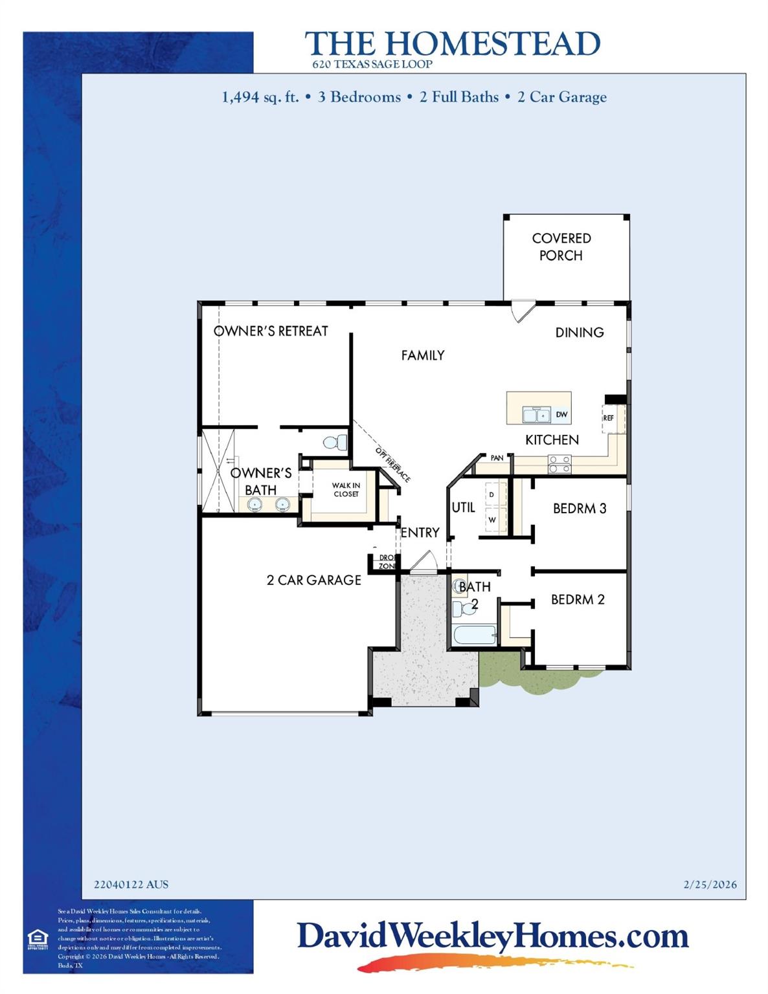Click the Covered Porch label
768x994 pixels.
561,247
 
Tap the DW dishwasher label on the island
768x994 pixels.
561,415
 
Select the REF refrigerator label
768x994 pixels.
608,418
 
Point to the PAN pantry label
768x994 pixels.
497,458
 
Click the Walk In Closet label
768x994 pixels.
346,490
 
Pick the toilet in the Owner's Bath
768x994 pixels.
334,443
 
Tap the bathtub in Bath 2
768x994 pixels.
474,635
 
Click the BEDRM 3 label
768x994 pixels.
579,509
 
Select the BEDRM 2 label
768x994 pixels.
578,600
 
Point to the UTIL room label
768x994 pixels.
464,508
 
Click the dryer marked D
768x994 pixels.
492,495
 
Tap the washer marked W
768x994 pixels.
492,520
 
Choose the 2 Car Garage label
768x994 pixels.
314,580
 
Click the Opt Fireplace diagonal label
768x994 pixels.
392,465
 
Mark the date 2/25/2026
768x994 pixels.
710,885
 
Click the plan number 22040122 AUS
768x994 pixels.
131,885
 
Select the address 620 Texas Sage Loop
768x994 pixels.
372,65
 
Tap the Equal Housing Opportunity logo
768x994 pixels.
38,939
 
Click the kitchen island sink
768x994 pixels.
536,415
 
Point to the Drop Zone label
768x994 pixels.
387,562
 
